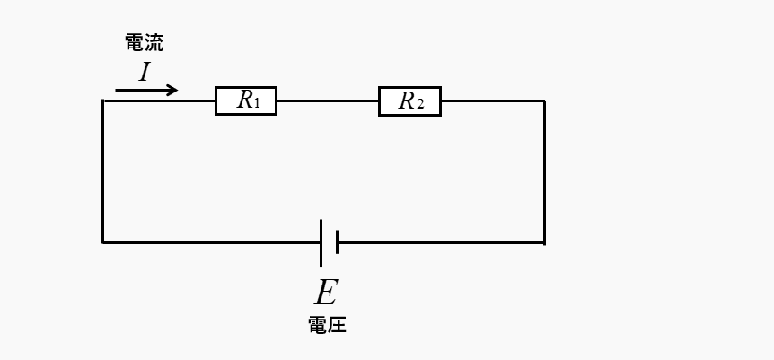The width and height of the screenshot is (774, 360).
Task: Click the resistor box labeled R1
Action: click(246, 101)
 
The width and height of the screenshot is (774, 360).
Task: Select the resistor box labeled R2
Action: click(409, 101)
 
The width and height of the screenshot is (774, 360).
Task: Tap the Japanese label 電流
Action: click(144, 42)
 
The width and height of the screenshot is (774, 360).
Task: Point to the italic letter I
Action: click(144, 72)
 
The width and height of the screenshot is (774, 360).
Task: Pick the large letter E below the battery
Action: click(325, 293)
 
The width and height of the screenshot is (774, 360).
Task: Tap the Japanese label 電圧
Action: click(327, 325)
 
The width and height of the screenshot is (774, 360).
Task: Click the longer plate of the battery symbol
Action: click(321, 242)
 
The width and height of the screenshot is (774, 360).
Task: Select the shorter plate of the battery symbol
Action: click(337, 242)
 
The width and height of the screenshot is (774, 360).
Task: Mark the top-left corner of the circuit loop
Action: click(103, 101)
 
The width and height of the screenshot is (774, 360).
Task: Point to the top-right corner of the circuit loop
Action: click(544, 101)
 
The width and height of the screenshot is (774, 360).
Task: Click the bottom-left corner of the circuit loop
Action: click(103, 242)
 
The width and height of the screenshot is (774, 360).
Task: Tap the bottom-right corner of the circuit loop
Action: click(544, 242)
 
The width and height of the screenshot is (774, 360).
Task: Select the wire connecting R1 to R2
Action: click(327, 101)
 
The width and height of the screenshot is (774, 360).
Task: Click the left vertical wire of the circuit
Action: click(103, 171)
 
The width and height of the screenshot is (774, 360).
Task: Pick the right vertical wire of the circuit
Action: click(544, 171)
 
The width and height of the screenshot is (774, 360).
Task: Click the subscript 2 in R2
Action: click(419, 104)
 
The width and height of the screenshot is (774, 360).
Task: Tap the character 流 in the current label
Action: click(154, 42)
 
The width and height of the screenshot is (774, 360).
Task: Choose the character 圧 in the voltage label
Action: click(337, 325)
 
